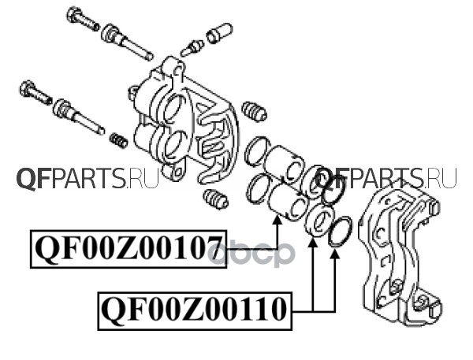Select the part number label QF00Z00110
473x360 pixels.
[193, 310]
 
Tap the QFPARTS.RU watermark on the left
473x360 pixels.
[87, 180]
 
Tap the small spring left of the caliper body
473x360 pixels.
[118, 140]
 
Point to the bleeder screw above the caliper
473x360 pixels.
[192, 48]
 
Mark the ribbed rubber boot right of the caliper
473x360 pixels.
[253, 111]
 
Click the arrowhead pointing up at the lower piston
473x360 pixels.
[277, 224]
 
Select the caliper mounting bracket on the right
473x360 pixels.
[398, 252]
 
